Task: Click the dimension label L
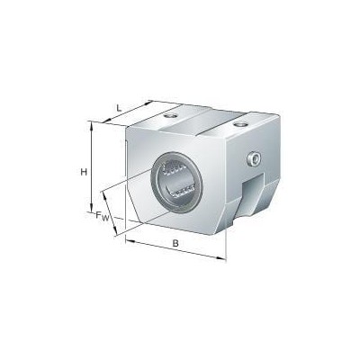point(119,108)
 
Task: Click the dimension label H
point(84,172)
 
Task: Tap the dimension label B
point(175,243)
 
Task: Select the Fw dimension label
point(102,216)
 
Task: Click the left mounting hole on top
point(170,115)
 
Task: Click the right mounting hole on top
point(240,124)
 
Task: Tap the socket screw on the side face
point(255,159)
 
